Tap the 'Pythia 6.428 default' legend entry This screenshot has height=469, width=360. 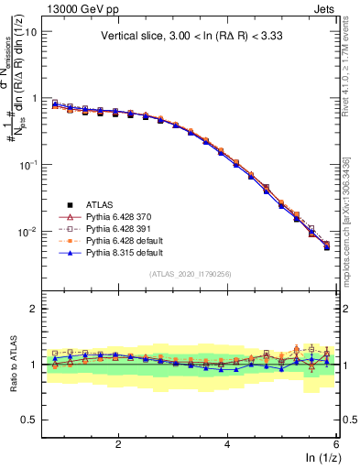126,239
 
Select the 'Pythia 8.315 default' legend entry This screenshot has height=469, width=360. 126,251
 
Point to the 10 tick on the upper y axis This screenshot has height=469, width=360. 30,31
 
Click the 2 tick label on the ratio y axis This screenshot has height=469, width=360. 33,309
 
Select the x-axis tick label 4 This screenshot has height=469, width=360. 227,443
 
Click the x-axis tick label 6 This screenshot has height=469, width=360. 336,443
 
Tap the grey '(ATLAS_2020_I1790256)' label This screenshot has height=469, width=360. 191,274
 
